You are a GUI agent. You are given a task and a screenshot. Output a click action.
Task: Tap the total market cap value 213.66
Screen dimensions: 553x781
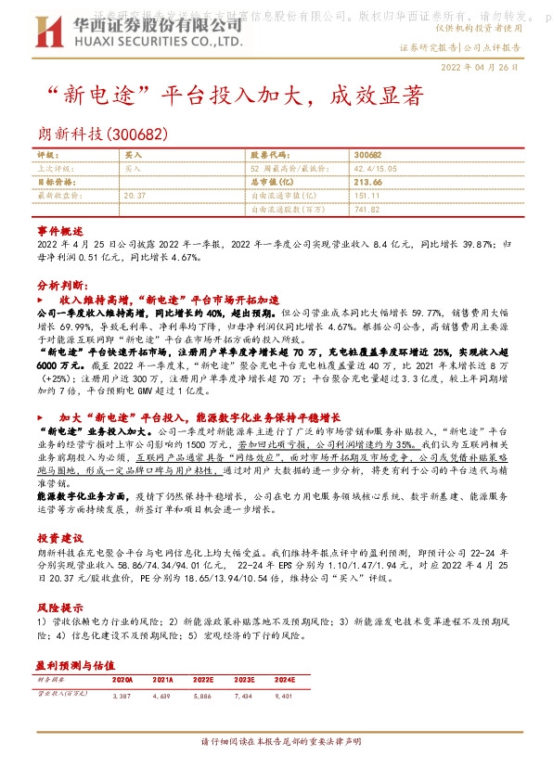(368, 183)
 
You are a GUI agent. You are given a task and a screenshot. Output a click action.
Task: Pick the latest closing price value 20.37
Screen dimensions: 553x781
(135, 196)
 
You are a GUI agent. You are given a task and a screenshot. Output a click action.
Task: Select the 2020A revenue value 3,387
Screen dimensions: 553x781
(122, 695)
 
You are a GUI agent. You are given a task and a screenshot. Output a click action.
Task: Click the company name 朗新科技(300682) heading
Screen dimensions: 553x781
(102, 134)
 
